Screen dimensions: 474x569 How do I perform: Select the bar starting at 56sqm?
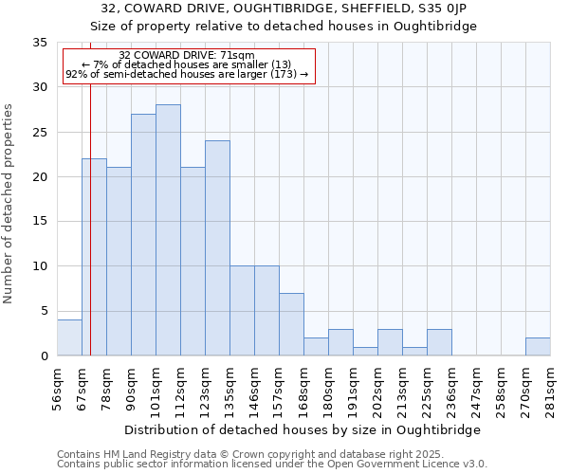pos(69,337)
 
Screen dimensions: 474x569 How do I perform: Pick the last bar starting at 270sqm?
pos(538,347)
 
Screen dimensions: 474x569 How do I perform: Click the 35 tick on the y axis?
pos(40,43)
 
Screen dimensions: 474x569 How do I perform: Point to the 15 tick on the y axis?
pos(40,222)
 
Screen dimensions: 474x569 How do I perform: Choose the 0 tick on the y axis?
pos(44,356)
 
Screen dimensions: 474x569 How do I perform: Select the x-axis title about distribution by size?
pos(303,429)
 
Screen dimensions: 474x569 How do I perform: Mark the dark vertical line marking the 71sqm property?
pos(90,237)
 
